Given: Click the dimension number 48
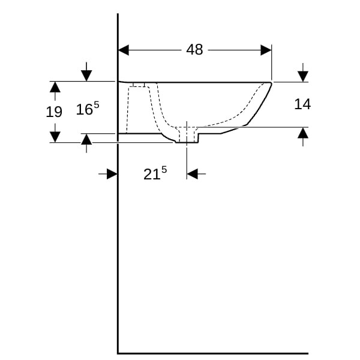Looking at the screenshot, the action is pos(194,50).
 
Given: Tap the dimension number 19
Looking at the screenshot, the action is pos(54,112).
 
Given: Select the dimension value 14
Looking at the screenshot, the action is pos(302,104).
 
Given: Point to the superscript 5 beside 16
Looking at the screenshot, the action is pos(97,105).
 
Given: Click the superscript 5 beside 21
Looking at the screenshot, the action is pos(164,170).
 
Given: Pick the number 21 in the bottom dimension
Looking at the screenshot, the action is pos(152,175).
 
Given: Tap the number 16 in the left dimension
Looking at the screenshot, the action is pos(84,110).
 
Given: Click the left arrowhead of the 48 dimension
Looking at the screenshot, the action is pos(124,50).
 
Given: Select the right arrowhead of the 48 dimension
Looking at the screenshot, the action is pos(266,50).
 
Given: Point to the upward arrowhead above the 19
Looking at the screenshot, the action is pos(55,87).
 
